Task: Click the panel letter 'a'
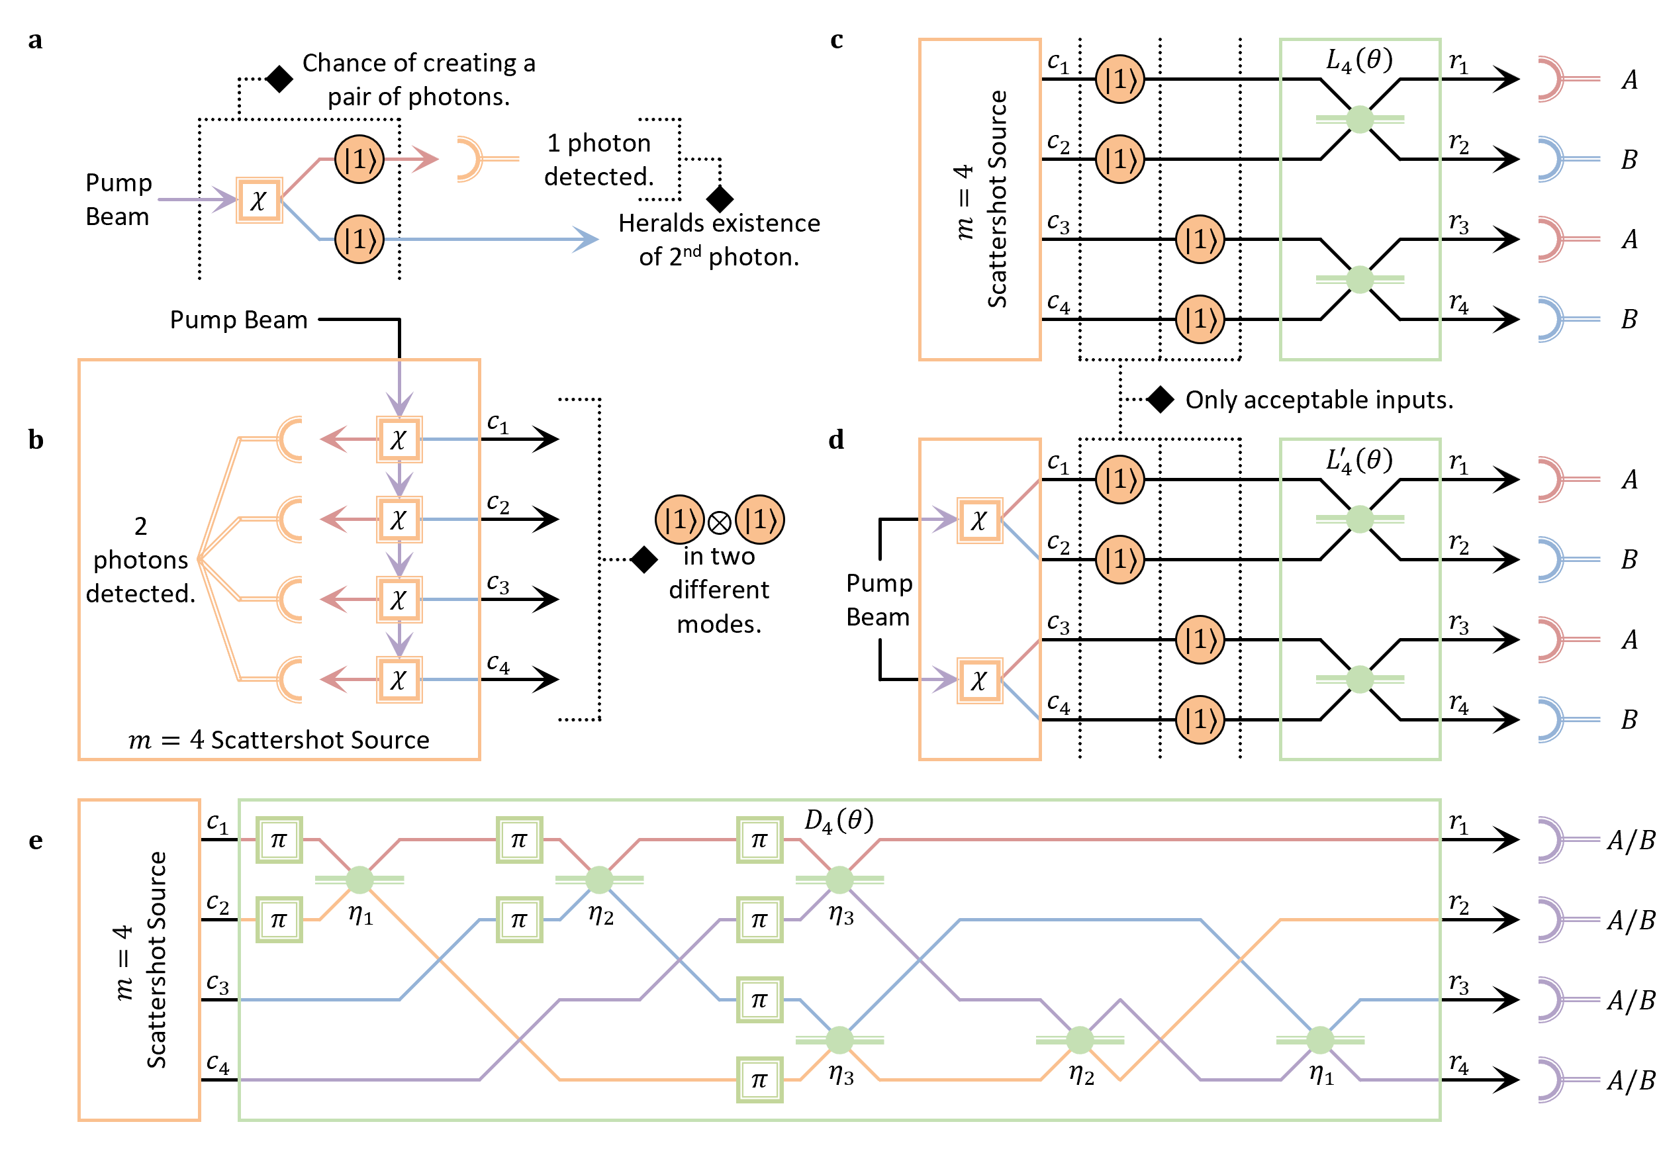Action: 34,40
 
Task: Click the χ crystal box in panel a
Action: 259,200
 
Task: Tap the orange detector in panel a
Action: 471,159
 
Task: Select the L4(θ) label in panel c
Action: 1358,61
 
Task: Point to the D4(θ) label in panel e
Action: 838,821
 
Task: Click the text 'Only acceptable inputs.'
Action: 1319,400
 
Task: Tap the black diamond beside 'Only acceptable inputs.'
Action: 1161,399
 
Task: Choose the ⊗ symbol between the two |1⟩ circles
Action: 719,522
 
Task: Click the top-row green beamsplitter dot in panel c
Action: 1359,119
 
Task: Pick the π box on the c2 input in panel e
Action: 279,920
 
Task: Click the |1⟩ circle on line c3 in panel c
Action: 1200,239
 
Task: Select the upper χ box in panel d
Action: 979,520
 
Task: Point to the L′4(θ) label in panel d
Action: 1358,461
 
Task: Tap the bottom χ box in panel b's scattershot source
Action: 399,679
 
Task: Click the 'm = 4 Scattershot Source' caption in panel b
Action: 279,740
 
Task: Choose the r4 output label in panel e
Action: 1458,1063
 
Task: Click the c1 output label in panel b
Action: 497,423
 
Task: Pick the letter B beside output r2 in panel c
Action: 1629,160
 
